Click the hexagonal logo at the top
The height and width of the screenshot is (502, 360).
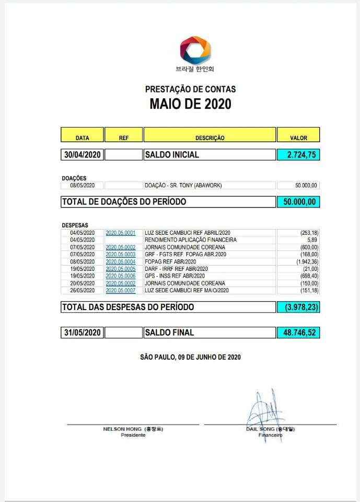click(195, 50)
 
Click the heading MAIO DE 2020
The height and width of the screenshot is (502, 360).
click(190, 104)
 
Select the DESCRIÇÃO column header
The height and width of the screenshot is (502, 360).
click(210, 138)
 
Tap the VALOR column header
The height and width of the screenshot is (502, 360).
click(298, 138)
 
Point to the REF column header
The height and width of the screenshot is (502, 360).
click(124, 138)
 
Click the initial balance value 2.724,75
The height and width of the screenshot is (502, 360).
click(298, 155)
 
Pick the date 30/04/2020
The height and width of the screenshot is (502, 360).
click(83, 155)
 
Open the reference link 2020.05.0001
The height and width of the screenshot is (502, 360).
click(121, 233)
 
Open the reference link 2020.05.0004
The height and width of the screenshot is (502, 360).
click(121, 261)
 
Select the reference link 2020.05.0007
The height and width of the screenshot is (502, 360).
click(121, 290)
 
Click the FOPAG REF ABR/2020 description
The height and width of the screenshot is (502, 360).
click(171, 261)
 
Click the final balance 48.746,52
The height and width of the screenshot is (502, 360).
click(298, 332)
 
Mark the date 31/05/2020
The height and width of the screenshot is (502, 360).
click(83, 332)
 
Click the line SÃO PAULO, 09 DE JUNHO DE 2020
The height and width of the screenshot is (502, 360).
click(190, 357)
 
